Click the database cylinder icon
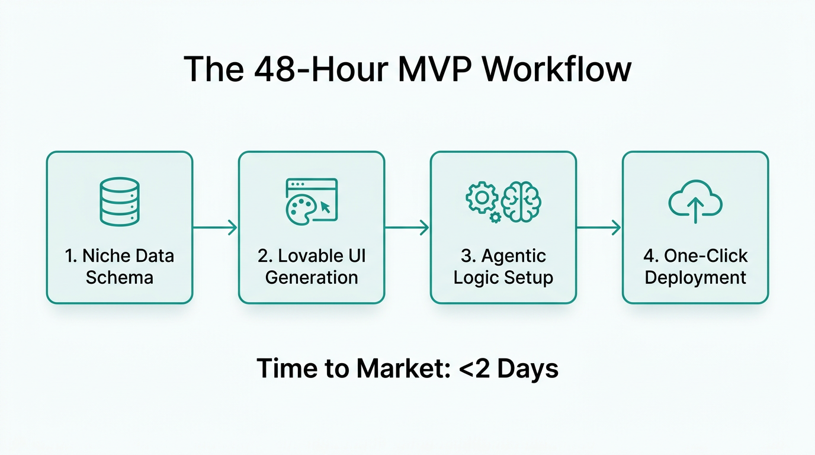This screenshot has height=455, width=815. (120, 201)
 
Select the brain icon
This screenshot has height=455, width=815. (521, 201)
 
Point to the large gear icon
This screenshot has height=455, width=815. (482, 197)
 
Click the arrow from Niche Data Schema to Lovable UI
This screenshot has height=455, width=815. (216, 227)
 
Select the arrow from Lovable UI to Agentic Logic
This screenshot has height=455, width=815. (407, 227)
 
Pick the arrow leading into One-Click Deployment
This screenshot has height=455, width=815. (599, 227)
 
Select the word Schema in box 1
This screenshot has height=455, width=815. (120, 277)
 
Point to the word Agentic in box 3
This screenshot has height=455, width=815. (514, 256)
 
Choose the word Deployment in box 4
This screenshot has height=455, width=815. (695, 277)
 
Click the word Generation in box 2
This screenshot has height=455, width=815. (312, 277)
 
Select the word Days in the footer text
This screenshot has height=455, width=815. (527, 369)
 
